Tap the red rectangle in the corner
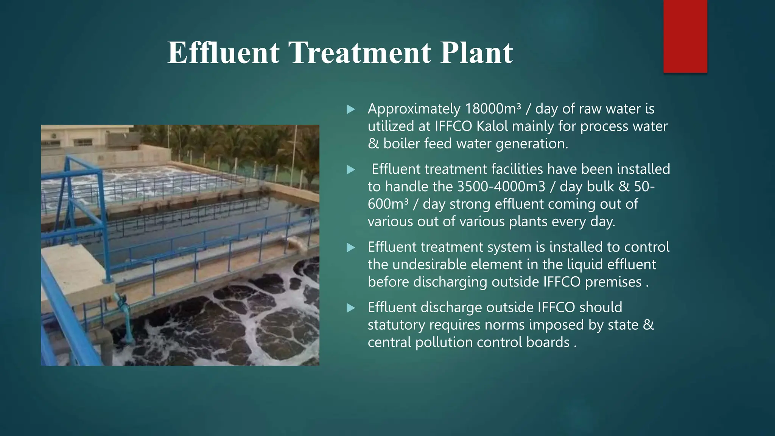685,36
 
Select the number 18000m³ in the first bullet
492,109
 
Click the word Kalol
492,126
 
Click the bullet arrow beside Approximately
351,110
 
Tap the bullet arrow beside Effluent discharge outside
351,308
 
